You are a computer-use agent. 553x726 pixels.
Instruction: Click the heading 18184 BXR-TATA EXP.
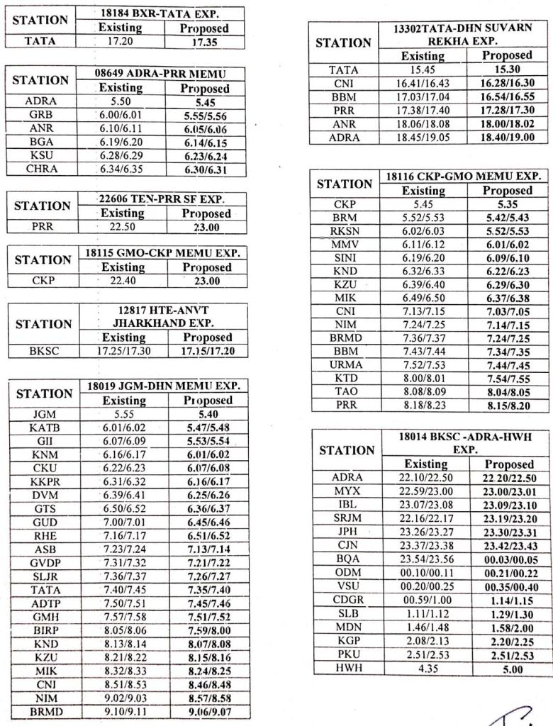[163, 14]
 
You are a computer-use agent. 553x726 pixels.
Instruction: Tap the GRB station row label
[40, 114]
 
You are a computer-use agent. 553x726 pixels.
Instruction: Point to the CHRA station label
[40, 169]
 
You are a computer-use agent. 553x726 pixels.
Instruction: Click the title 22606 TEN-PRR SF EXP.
[163, 200]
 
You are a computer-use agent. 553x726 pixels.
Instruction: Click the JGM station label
[44, 414]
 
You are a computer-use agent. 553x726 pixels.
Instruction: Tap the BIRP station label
[44, 630]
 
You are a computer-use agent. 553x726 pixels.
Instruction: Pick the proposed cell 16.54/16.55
[507, 96]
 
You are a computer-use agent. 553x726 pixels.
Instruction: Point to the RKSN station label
[345, 231]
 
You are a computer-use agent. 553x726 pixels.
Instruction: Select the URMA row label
[345, 364]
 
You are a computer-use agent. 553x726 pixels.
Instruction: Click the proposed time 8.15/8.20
[507, 405]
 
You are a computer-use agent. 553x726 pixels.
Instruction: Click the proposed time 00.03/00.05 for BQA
[510, 559]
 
